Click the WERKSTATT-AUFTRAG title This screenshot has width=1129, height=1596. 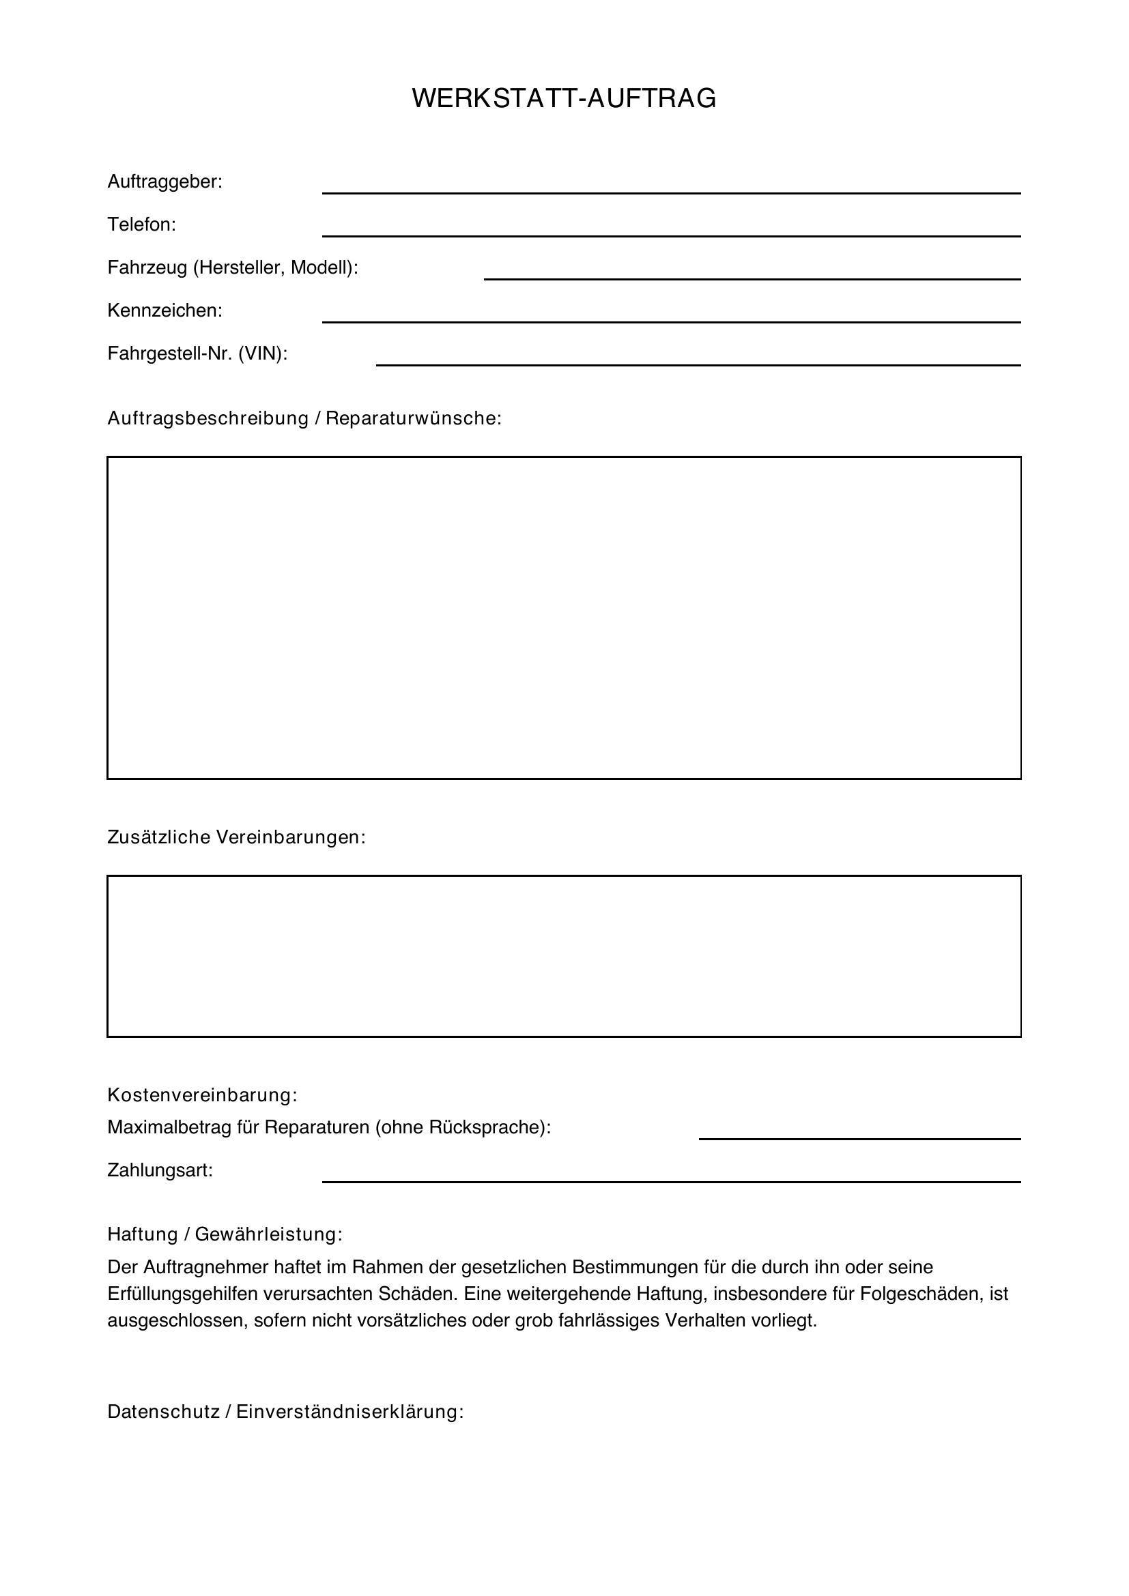pos(564,99)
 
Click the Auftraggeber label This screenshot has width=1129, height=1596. pos(165,182)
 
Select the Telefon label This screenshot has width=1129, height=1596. pos(142,224)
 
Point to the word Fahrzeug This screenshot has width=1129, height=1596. pos(147,267)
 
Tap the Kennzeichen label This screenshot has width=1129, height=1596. pos(165,310)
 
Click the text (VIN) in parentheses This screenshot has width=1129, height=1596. pos(262,354)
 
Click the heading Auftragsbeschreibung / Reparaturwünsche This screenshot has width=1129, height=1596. pos(304,418)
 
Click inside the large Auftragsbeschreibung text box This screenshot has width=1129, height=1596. pos(564,618)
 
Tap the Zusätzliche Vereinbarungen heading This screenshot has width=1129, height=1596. pos(236,837)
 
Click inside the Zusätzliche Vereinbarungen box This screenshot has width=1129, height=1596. pos(564,956)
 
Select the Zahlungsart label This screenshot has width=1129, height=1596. pos(160,1170)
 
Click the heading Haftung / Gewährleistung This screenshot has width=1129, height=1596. pos(225,1234)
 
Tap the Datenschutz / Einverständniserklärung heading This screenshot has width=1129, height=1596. pos(285,1412)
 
